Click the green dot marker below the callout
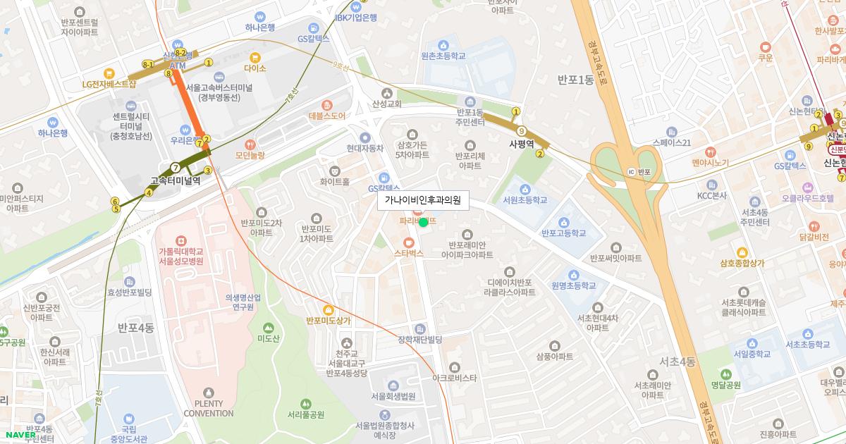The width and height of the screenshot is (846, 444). [x=423, y=223]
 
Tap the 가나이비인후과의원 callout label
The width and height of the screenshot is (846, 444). [x=423, y=200]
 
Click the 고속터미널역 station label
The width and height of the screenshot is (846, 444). [x=176, y=180]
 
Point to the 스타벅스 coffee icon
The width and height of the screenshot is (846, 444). [x=408, y=241]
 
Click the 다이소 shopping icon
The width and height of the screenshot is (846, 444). [x=255, y=57]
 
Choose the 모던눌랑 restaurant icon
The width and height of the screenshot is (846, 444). [x=250, y=143]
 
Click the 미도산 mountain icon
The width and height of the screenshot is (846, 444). [x=268, y=328]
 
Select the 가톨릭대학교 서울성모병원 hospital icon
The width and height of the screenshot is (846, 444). [x=180, y=240]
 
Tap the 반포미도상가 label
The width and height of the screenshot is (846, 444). [x=329, y=321]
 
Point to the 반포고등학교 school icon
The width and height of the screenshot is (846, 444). [x=564, y=222]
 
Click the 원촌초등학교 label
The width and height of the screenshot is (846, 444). [x=443, y=56]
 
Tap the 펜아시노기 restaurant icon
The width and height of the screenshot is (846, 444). [x=711, y=152]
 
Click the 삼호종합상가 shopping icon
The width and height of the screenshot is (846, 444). [x=741, y=252]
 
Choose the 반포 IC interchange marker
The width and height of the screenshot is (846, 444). [x=632, y=171]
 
